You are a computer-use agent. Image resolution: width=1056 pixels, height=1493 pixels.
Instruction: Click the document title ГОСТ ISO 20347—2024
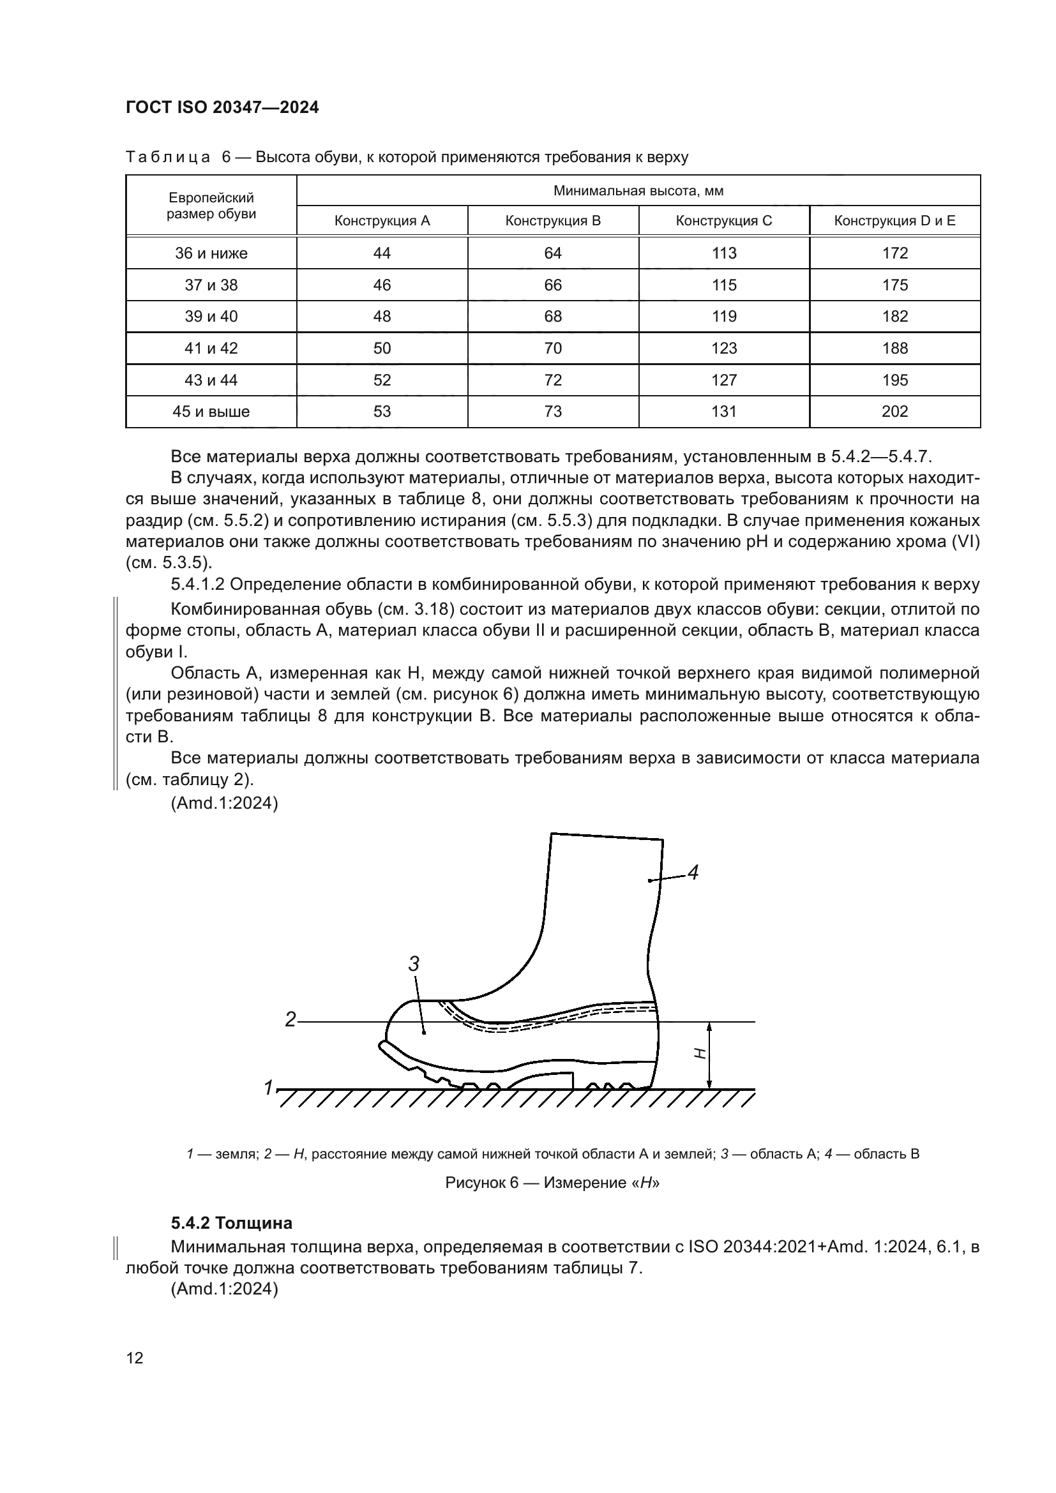[x=222, y=108]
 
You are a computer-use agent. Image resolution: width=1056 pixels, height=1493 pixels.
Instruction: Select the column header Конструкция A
[x=382, y=220]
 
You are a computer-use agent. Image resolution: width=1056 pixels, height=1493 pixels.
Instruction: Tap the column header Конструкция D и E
[x=894, y=220]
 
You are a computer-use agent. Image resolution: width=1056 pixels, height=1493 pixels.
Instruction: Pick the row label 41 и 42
[x=211, y=349]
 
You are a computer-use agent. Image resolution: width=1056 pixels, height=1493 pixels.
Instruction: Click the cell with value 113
[x=724, y=253]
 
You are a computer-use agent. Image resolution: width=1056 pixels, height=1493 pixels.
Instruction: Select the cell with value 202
[x=894, y=412]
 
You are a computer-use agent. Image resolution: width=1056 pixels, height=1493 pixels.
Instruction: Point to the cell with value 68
[x=553, y=317]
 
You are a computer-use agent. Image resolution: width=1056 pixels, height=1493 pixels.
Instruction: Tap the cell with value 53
[x=382, y=412]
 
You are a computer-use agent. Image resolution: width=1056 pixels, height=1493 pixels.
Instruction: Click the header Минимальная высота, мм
[x=638, y=190]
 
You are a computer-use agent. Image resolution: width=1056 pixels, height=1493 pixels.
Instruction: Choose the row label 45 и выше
[x=211, y=412]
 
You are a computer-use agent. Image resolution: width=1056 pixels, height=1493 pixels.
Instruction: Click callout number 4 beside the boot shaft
[x=693, y=873]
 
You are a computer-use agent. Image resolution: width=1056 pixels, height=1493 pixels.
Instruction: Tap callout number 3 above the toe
[x=414, y=964]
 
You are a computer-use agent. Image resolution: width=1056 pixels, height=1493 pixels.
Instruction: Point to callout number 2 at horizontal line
[x=290, y=1019]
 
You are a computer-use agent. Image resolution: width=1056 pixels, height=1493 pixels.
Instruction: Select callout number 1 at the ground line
[x=268, y=1087]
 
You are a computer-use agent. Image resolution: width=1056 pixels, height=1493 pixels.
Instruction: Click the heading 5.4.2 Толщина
[x=232, y=1223]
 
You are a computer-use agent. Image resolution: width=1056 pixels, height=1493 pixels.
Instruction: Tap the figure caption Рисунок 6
[x=552, y=1183]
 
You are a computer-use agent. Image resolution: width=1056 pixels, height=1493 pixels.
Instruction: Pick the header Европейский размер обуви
[x=211, y=206]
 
